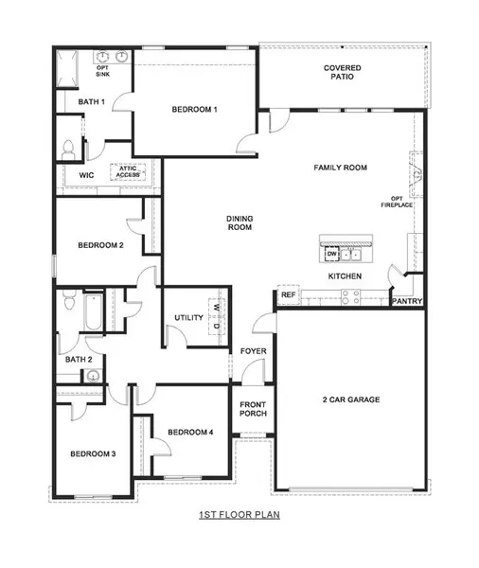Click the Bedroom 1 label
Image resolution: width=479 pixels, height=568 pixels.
point(195,111)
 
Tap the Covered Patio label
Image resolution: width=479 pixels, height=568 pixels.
point(341,74)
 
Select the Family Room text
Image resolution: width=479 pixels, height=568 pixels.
point(340,169)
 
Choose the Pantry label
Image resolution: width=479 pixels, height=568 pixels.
point(409,301)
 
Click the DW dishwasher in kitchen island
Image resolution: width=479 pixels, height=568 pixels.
point(332,254)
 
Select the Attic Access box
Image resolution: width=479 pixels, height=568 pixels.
point(128,172)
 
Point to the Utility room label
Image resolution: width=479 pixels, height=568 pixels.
point(189,317)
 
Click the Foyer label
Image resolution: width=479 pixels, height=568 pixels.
point(252,351)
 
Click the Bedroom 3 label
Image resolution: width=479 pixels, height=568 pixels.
point(94,454)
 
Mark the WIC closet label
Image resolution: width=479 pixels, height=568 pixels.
point(85,175)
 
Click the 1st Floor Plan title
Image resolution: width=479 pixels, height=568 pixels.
point(239,516)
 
